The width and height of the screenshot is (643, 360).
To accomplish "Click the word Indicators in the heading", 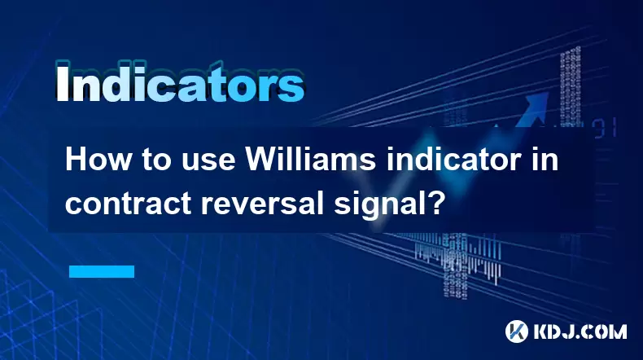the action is click(x=180, y=82).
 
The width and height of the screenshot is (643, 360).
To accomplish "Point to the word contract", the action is click(x=128, y=203).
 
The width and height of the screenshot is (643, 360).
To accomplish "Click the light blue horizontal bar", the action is click(x=102, y=271).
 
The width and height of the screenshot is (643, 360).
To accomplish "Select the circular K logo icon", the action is click(x=517, y=331).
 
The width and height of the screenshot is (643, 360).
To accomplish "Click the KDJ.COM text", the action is click(x=580, y=331).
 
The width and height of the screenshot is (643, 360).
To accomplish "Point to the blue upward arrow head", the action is click(x=536, y=102).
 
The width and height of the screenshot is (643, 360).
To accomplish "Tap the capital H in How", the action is click(x=76, y=160).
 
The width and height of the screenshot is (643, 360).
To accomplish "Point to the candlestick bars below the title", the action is click(x=457, y=257).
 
